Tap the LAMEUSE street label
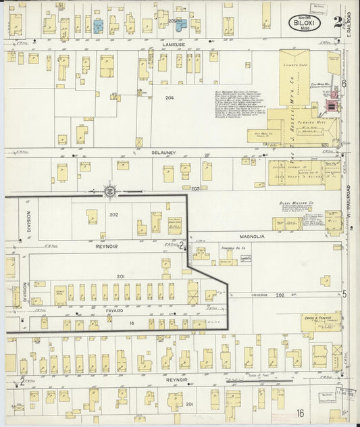[174, 45]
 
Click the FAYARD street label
[113, 311]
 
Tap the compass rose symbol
[109, 191]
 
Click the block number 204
[170, 98]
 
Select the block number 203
[196, 189]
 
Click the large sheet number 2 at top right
[338, 22]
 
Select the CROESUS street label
[261, 295]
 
